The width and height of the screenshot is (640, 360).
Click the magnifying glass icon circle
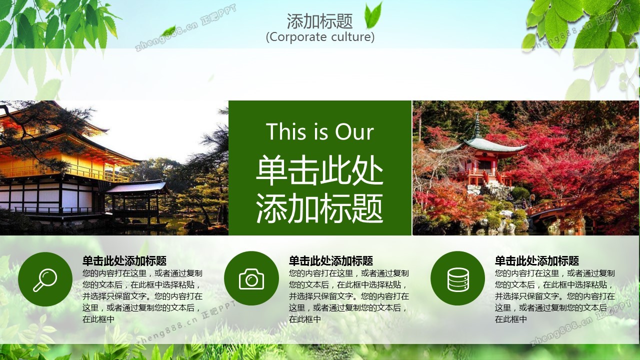[45, 279]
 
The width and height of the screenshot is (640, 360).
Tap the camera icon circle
[251, 278]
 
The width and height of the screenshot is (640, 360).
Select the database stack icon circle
[457, 278]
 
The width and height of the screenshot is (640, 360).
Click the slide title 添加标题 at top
[319, 21]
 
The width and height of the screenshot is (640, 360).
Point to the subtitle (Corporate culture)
[320, 37]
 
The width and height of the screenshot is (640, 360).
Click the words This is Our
[320, 131]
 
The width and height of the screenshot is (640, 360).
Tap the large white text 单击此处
[319, 170]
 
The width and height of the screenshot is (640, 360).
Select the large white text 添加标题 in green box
[319, 208]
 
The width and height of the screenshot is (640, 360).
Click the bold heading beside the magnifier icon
[124, 261]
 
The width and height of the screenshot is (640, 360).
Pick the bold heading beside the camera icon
[331, 261]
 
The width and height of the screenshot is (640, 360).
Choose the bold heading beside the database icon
[537, 261]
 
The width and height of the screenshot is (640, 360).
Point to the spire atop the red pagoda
[477, 125]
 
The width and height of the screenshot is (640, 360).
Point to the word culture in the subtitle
[353, 37]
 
